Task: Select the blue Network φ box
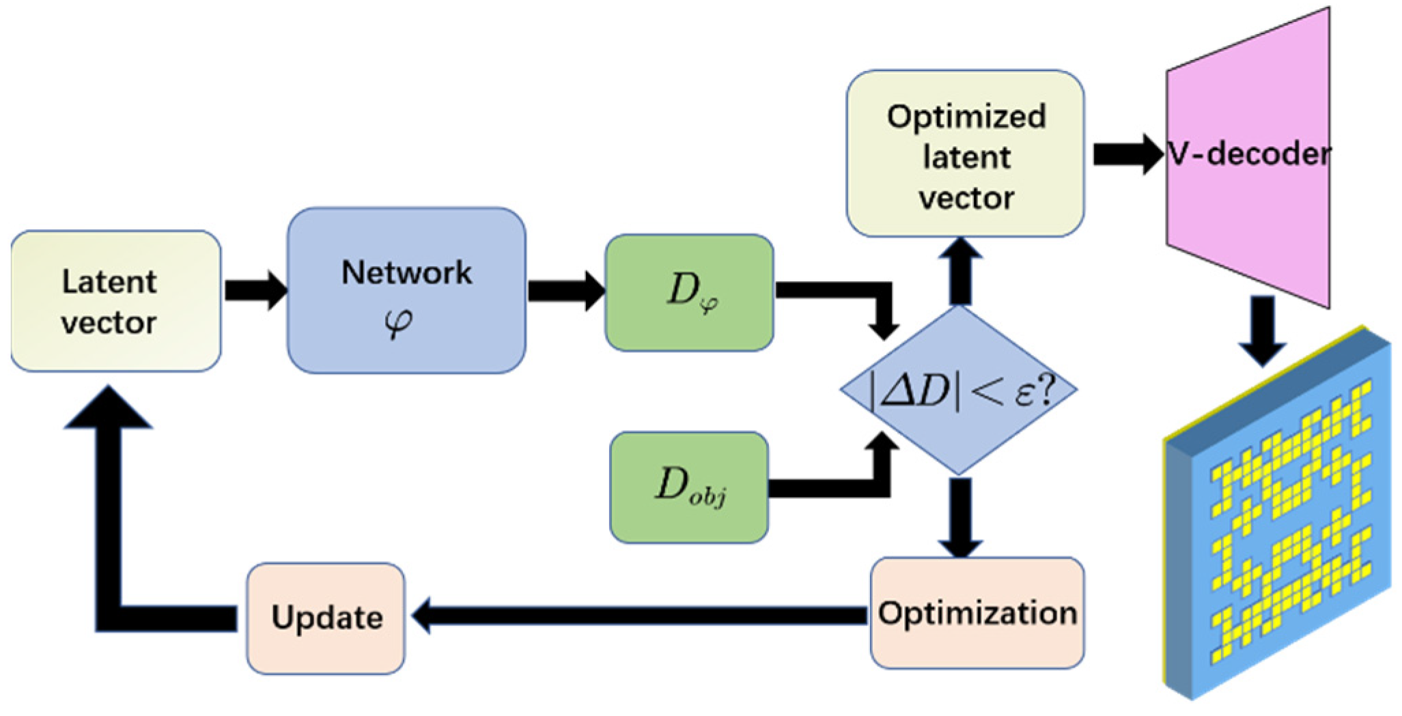tap(406, 291)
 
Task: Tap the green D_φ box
tap(689, 292)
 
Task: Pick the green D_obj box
tap(689, 487)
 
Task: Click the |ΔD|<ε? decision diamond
tap(959, 390)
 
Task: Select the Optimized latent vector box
tap(965, 154)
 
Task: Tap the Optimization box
tap(977, 613)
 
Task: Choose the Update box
tap(326, 618)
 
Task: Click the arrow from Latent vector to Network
tap(254, 290)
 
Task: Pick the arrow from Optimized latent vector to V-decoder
tap(1125, 154)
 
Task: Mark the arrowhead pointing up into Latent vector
tap(108, 408)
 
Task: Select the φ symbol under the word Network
tap(398, 322)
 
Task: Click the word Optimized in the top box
tap(966, 116)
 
